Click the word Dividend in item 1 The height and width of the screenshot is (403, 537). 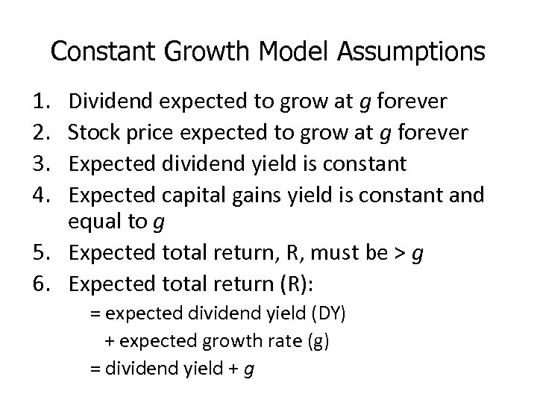tap(111, 101)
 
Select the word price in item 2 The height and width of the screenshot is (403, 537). tap(151, 133)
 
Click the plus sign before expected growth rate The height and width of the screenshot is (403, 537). tap(109, 342)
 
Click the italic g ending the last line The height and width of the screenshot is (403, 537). tap(248, 369)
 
